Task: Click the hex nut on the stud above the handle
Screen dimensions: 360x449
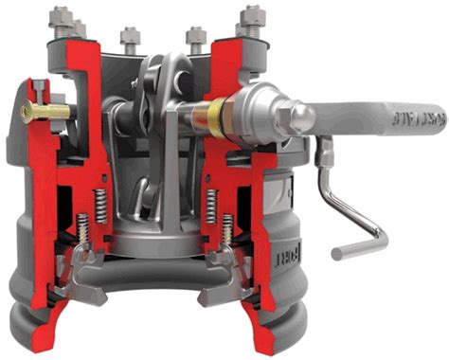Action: click(x=252, y=17)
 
